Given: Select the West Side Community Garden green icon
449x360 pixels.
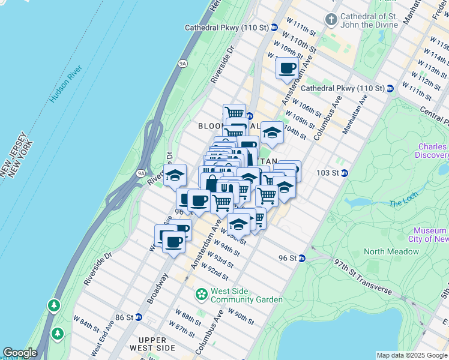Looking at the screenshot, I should click(x=201, y=295).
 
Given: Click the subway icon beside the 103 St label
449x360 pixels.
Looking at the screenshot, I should click(x=345, y=173).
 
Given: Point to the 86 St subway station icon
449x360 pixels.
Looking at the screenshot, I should click(x=139, y=317).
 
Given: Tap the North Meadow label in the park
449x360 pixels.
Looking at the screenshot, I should click(x=391, y=251).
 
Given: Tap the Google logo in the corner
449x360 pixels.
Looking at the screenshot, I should click(x=20, y=353).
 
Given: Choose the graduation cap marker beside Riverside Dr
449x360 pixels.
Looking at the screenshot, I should click(x=175, y=176).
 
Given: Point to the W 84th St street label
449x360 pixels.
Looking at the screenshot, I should click(x=86, y=325).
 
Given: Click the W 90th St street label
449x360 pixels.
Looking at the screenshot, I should click(x=241, y=316).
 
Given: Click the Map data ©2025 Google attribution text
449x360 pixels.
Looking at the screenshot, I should click(x=411, y=355).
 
